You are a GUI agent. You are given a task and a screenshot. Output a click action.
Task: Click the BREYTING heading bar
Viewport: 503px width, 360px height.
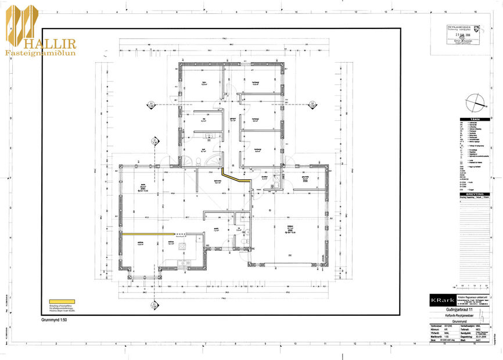[475, 194]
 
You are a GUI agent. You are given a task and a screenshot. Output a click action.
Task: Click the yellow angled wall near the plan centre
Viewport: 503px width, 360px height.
[236, 177]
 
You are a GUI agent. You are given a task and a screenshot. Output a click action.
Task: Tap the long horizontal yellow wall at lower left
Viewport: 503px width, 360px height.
[148, 233]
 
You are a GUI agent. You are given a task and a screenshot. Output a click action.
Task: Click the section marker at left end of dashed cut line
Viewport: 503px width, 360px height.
[151, 105]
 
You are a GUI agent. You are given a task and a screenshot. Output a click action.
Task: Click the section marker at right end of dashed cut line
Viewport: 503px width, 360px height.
[312, 105]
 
